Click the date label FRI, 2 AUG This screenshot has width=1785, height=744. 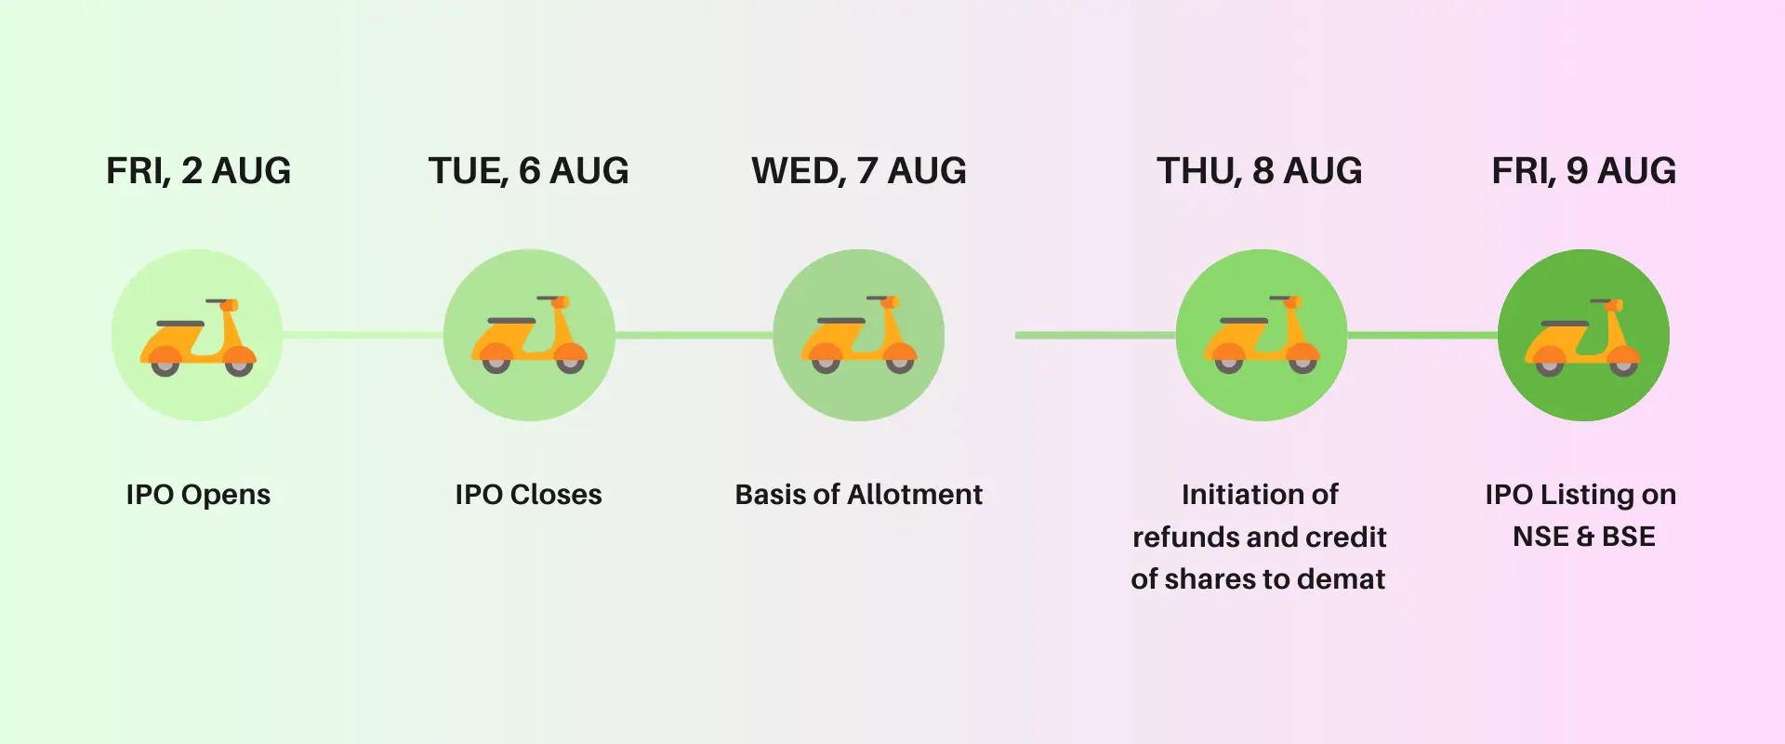[198, 172]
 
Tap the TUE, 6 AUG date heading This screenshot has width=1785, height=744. [528, 172]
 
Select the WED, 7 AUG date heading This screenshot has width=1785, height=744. [859, 172]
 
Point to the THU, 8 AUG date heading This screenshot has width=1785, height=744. [1260, 172]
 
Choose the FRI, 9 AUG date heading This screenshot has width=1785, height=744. [1584, 172]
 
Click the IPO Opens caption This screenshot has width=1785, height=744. [198, 495]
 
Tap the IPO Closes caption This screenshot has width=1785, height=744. [528, 495]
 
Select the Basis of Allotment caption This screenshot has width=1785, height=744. [859, 495]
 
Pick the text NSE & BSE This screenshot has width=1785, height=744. [1584, 537]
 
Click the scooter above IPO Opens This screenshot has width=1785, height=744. [198, 337]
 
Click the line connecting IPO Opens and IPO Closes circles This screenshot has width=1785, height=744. [363, 335]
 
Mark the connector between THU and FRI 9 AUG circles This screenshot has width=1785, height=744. [1422, 335]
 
